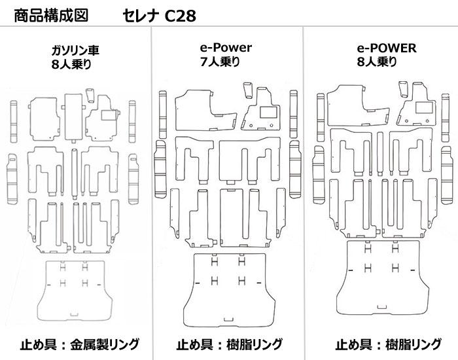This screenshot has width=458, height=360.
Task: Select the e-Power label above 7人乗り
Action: point(226,48)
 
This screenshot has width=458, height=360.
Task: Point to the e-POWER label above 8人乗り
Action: point(387,48)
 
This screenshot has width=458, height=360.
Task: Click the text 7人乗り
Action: point(220,62)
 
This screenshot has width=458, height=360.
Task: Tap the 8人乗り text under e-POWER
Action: point(378,62)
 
